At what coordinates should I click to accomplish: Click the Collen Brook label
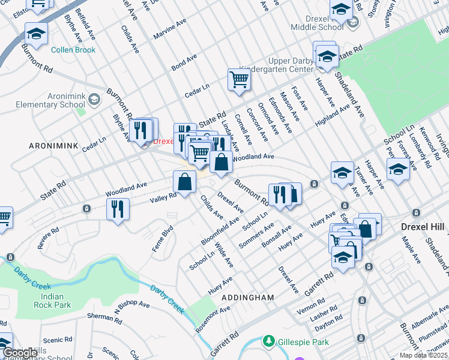pos(73,50)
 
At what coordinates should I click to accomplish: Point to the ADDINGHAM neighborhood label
pos(247,298)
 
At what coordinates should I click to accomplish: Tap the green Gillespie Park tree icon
pos(268,341)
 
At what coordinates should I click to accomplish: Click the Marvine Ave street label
pos(170,33)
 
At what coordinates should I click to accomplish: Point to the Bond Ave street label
pos(184,62)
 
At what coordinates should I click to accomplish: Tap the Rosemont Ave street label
pos(212,320)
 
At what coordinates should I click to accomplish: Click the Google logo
pos(20,353)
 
